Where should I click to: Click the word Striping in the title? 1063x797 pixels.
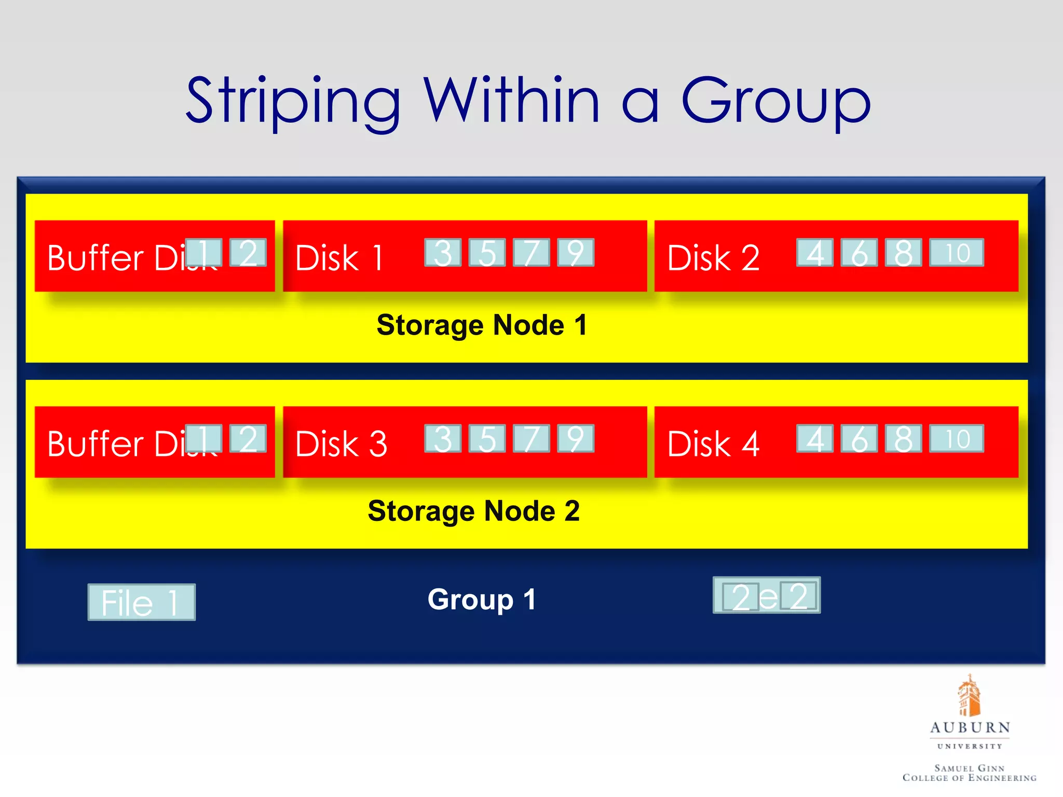click(x=293, y=101)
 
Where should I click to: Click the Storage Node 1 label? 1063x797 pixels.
click(x=482, y=325)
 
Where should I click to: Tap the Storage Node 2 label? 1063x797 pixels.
click(x=473, y=511)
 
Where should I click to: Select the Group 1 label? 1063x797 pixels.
click(x=482, y=599)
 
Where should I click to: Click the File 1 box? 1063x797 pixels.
click(x=141, y=602)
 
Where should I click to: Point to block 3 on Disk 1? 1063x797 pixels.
click(x=443, y=253)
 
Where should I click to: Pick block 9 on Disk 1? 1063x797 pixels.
click(x=576, y=253)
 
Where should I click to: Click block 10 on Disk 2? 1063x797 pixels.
click(x=957, y=253)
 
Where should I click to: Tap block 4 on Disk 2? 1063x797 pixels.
click(x=815, y=253)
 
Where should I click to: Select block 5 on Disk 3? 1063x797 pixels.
click(x=487, y=438)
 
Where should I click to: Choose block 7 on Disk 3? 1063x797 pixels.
click(x=531, y=438)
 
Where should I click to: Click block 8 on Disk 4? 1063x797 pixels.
click(x=903, y=438)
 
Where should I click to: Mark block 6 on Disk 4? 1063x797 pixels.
click(x=859, y=438)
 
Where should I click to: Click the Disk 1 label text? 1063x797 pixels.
click(x=339, y=258)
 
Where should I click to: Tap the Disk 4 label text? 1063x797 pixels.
click(x=713, y=444)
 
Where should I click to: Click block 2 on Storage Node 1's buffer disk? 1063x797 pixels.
click(x=248, y=253)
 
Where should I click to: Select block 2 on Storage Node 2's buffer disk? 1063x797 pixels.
click(x=248, y=438)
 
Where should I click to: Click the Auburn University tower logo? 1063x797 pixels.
click(x=969, y=695)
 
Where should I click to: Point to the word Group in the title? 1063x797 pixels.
click(x=775, y=101)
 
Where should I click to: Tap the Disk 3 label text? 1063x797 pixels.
click(x=341, y=444)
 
